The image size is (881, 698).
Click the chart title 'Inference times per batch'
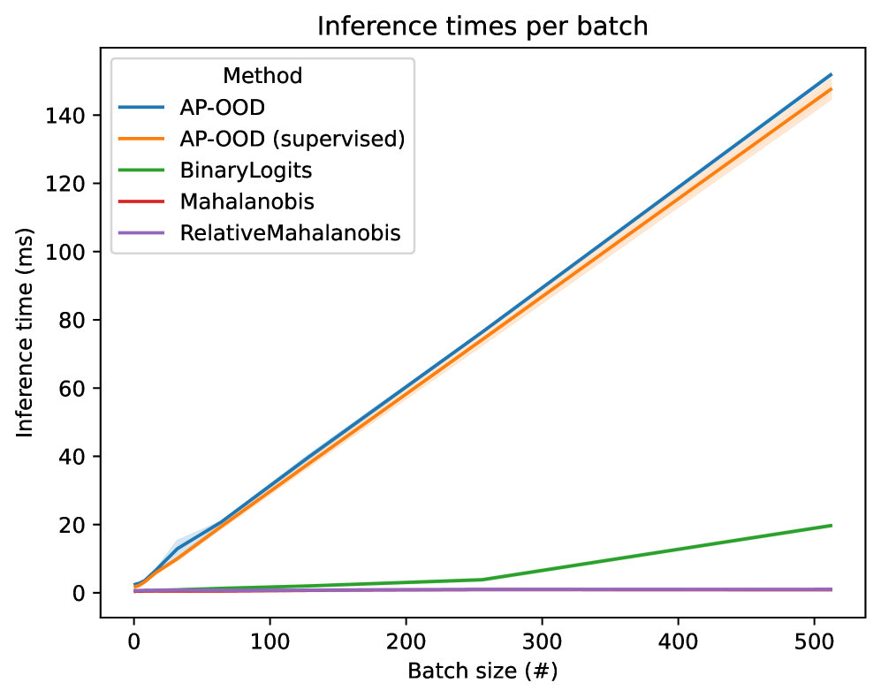tap(482, 26)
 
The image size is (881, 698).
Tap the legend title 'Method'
tap(262, 76)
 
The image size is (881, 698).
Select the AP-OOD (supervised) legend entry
tap(291, 139)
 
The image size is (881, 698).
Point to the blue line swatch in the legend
tap(141, 108)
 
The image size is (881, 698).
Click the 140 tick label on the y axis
tap(72, 116)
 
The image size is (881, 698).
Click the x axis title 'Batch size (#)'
tap(482, 671)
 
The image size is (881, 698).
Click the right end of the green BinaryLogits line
tap(832, 526)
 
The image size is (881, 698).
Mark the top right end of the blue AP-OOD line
tap(832, 74)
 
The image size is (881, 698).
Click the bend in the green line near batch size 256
tap(482, 580)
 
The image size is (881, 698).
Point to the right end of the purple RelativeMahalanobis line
tap(832, 589)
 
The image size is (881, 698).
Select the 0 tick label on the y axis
tap(81, 593)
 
